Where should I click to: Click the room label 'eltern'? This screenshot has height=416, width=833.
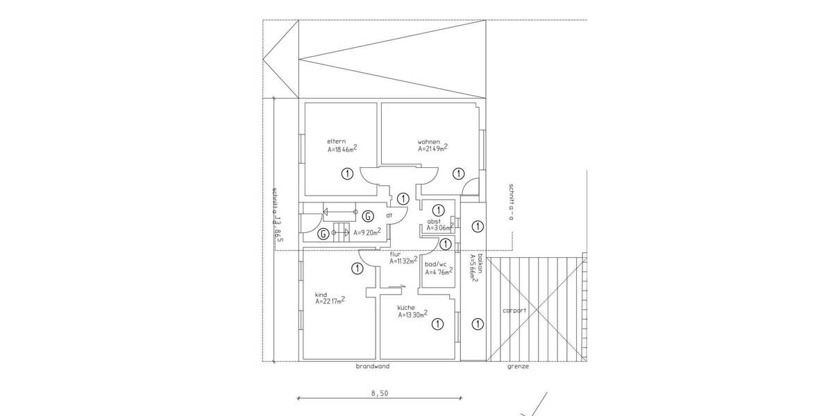[x=337, y=141]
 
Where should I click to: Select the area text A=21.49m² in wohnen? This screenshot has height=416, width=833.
[x=432, y=148]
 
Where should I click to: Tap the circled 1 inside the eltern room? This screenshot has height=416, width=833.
[x=347, y=174]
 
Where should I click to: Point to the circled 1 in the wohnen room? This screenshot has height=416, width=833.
[x=457, y=174]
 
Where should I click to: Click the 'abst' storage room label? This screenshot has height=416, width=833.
[x=434, y=221]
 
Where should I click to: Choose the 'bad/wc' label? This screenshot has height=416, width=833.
[x=436, y=264]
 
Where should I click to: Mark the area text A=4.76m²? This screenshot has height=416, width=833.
[x=439, y=272]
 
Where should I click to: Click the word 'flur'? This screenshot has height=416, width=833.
[x=395, y=254]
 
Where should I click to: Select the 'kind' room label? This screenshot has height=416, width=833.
[x=321, y=294]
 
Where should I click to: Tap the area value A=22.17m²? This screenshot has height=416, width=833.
[x=330, y=301]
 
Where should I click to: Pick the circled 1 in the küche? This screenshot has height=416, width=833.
[x=437, y=324]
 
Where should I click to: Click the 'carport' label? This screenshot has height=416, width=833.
[x=514, y=311]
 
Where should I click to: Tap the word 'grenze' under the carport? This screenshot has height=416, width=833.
[x=518, y=367]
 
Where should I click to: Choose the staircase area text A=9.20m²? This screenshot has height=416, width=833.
[x=367, y=233]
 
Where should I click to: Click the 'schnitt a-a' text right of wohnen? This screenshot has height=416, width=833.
[x=510, y=201]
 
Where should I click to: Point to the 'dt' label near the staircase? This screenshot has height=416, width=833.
[x=389, y=216]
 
